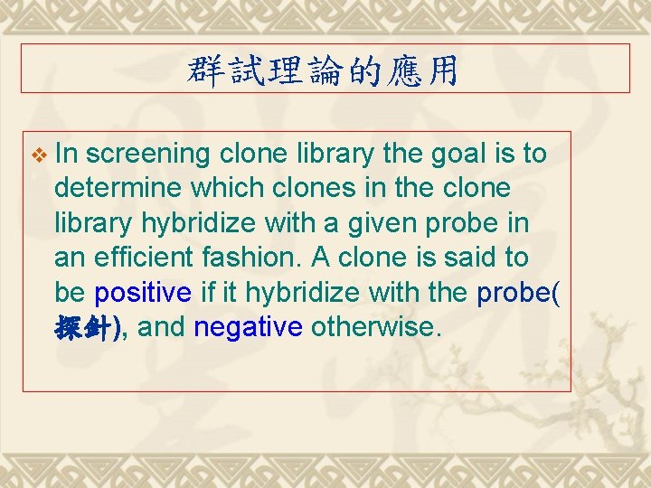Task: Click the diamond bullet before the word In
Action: (x=37, y=155)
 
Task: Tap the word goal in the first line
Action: (x=458, y=154)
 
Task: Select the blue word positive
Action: (x=143, y=293)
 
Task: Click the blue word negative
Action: (x=248, y=327)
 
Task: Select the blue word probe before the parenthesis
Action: (x=510, y=293)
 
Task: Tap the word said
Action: (x=458, y=258)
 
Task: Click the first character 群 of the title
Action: (x=204, y=70)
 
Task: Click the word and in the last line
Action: (x=163, y=327)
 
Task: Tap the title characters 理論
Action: (x=293, y=70)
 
